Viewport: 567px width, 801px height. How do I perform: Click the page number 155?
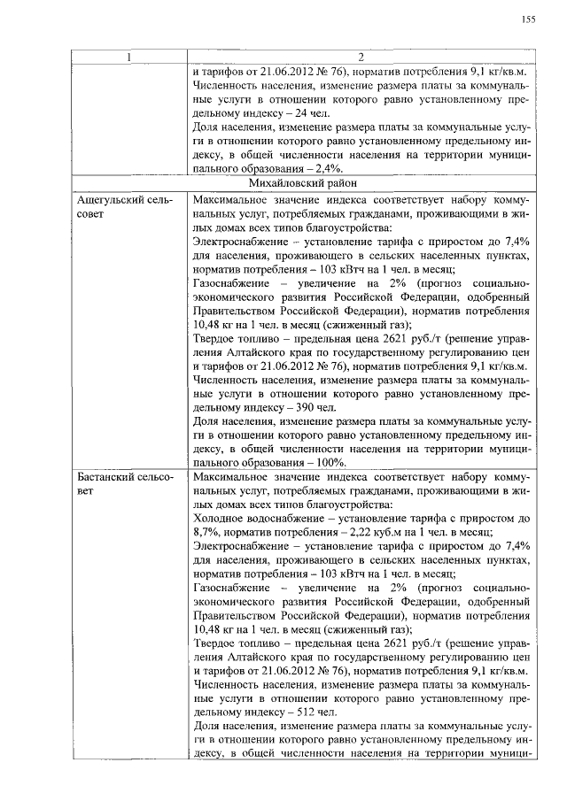[528, 19]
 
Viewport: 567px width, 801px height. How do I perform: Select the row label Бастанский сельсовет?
[119, 483]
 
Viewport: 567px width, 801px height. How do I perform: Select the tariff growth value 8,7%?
[206, 532]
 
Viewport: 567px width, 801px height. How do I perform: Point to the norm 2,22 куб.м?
[352, 532]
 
